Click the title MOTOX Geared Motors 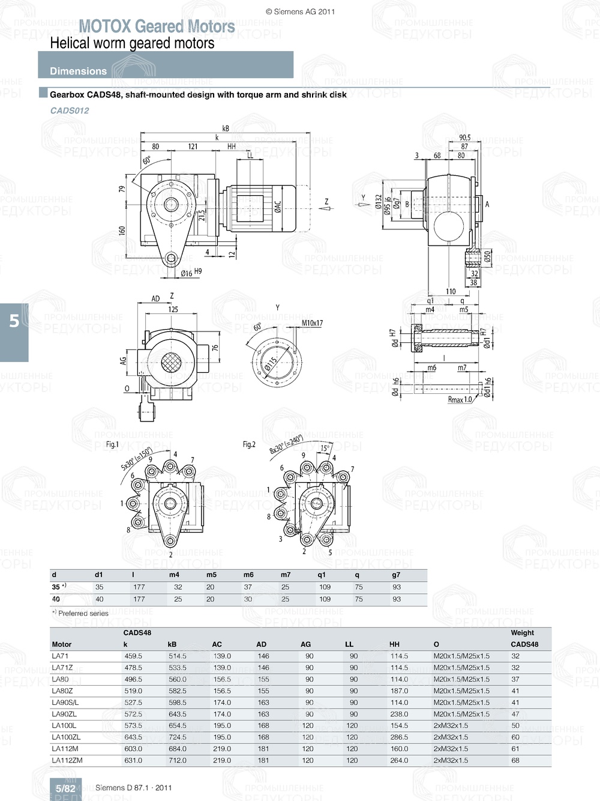[x=157, y=26]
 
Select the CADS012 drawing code [x=70, y=110]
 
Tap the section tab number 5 [x=14, y=321]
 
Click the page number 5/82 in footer [x=65, y=788]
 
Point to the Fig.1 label [x=113, y=444]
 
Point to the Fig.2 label [x=249, y=444]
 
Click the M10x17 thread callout [x=312, y=323]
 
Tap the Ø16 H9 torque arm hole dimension [x=191, y=273]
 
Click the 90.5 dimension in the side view [x=464, y=138]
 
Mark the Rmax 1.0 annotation [x=460, y=399]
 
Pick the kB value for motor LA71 [x=177, y=656]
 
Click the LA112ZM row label [x=67, y=760]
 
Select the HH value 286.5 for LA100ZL [x=399, y=737]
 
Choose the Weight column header [x=522, y=633]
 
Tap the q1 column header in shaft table [x=322, y=575]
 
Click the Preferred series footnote [x=80, y=614]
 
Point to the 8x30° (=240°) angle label [x=286, y=444]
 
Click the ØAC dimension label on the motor [x=278, y=207]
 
